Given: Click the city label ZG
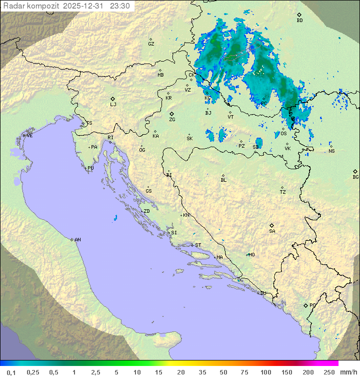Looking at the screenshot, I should click(172, 120).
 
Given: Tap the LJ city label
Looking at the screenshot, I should click(113, 105).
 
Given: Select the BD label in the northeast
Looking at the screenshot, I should click(299, 21).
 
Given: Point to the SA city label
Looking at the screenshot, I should click(272, 231).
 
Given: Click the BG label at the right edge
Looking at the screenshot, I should click(355, 177).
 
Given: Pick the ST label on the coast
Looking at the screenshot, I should click(198, 245).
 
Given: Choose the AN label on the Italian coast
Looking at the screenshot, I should click(77, 240).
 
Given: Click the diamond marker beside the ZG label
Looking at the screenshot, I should click(171, 114).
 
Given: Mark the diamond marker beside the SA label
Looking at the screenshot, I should click(271, 225).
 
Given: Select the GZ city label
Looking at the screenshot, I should click(151, 44).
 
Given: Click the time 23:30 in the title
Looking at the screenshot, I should click(120, 6).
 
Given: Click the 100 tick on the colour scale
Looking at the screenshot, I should click(266, 372).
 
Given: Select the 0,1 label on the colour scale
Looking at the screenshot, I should click(11, 372).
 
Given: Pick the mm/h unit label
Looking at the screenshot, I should click(348, 372).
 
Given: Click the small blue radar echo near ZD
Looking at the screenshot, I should click(115, 218).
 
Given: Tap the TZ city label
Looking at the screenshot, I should click(283, 192).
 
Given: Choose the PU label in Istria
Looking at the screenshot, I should click(90, 168).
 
